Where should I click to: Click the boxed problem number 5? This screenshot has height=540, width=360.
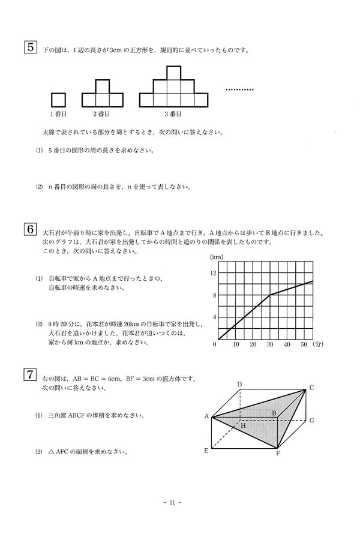tap(29, 48)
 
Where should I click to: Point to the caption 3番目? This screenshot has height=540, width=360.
tap(173, 113)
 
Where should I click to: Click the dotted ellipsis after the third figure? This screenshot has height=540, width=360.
tap(239, 89)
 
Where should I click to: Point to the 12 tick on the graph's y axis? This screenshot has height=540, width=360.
tap(212, 273)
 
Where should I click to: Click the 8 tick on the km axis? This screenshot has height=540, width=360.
tap(213, 295)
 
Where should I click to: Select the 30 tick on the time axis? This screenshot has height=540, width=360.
tap(270, 344)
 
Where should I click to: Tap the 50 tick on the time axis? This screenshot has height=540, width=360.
tap(304, 344)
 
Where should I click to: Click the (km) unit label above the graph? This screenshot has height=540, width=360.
tap(216, 257)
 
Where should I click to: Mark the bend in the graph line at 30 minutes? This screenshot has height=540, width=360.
tap(270, 295)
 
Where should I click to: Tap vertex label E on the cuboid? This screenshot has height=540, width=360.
tap(206, 449)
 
